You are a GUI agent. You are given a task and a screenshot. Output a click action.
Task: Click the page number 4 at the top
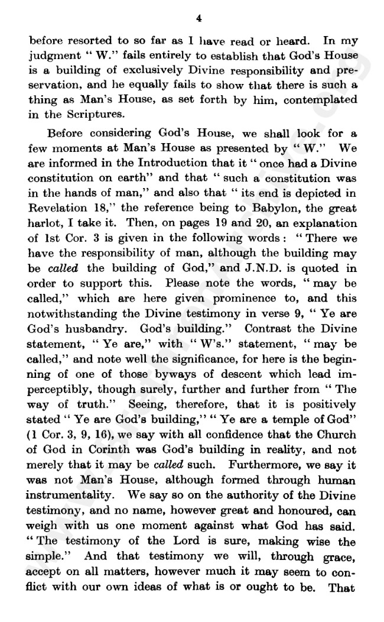199,19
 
